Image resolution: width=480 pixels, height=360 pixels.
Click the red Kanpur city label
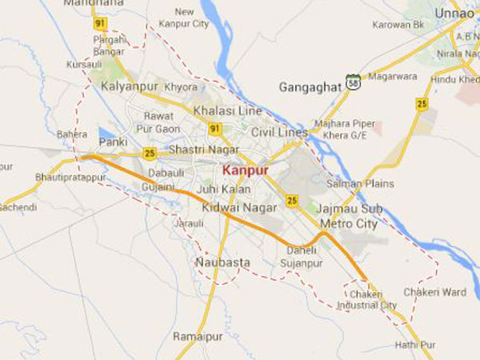click(245, 170)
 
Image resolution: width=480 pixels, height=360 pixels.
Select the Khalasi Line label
click(227, 110)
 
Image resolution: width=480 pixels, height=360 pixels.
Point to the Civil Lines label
click(278, 131)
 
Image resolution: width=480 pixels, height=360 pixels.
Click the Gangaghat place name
click(310, 86)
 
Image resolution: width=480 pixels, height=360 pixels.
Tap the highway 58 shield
click(353, 81)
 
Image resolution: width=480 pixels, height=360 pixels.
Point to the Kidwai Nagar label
click(230, 207)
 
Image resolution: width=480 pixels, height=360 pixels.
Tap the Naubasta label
click(222, 262)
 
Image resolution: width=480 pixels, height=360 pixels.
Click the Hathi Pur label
click(414, 345)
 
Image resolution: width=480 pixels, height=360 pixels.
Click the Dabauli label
click(166, 170)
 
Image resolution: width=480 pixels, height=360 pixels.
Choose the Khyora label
click(180, 86)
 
